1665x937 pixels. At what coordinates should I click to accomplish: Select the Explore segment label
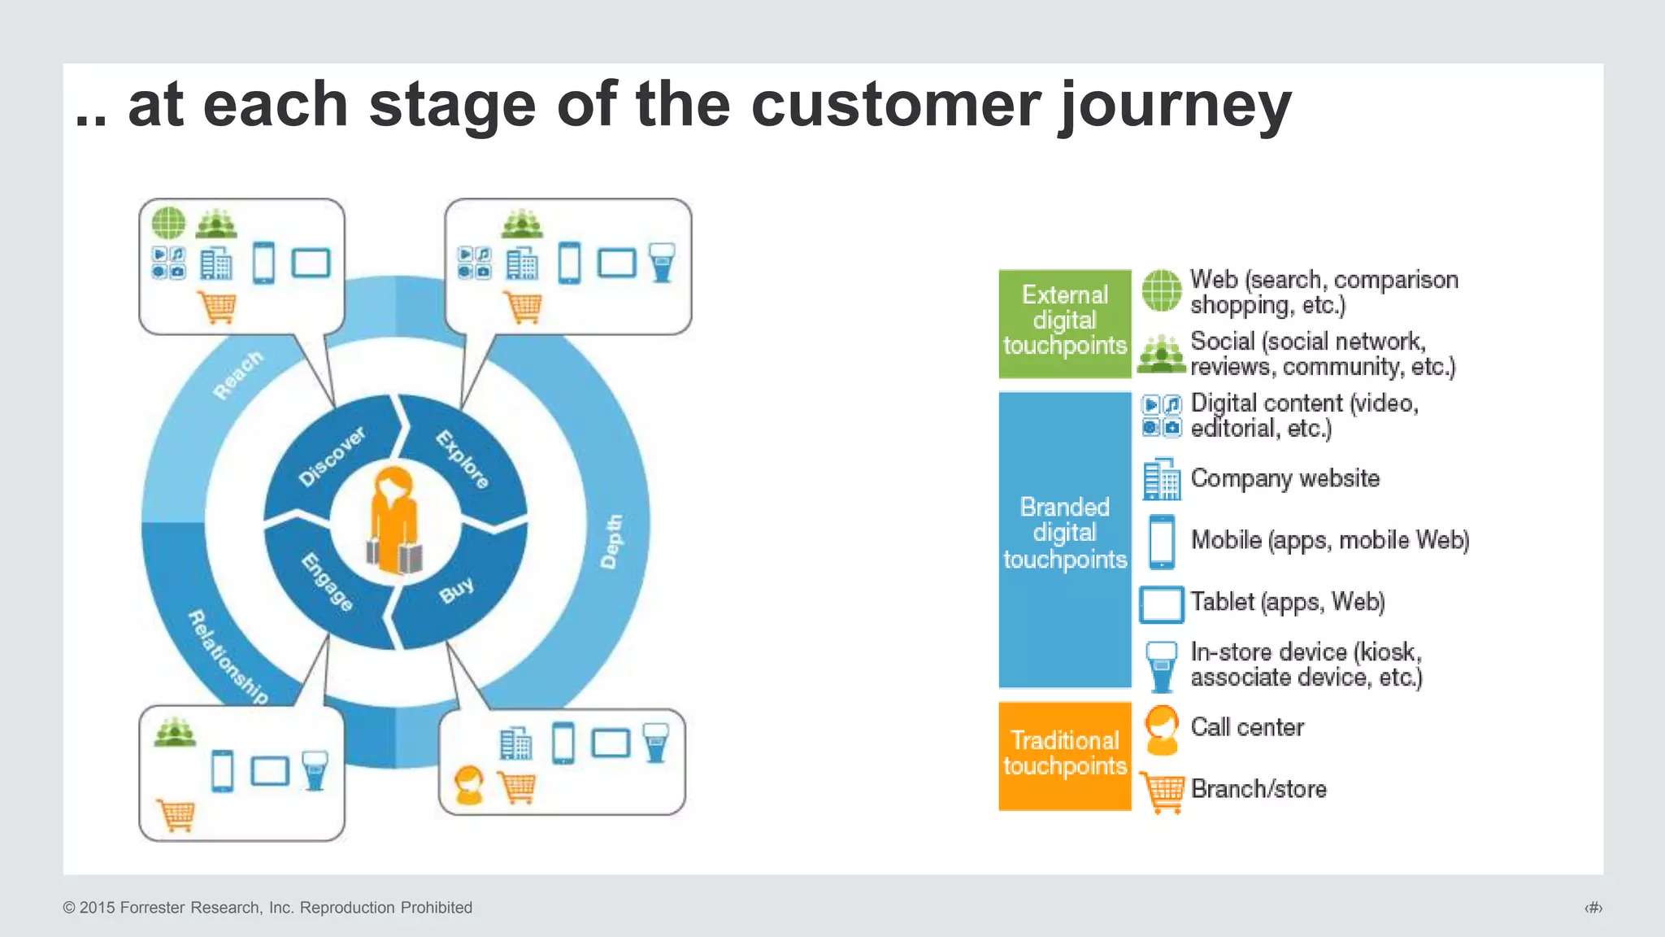(463, 460)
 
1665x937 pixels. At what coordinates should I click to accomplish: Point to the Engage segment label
(327, 582)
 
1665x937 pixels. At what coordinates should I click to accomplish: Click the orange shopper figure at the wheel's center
(394, 521)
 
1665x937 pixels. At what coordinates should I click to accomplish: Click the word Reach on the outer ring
(238, 375)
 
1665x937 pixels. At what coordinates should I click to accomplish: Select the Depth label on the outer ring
(612, 541)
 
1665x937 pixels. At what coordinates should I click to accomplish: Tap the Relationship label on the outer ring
(228, 656)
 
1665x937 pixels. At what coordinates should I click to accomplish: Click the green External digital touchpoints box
(1064, 323)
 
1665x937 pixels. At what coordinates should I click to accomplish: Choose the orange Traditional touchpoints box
(1064, 755)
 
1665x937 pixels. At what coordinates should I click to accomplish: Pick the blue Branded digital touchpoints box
(1064, 538)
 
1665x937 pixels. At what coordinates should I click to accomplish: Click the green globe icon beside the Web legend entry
(1161, 290)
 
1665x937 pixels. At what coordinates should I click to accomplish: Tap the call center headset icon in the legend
(1161, 729)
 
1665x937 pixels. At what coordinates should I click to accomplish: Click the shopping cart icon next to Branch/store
(1163, 791)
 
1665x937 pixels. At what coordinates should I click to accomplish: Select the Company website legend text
(1285, 478)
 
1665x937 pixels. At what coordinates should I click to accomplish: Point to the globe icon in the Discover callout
(169, 222)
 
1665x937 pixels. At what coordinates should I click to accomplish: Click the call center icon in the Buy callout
(469, 785)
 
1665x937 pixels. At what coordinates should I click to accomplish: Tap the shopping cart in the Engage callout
(176, 814)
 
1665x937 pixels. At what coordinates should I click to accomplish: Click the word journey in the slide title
(1175, 106)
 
